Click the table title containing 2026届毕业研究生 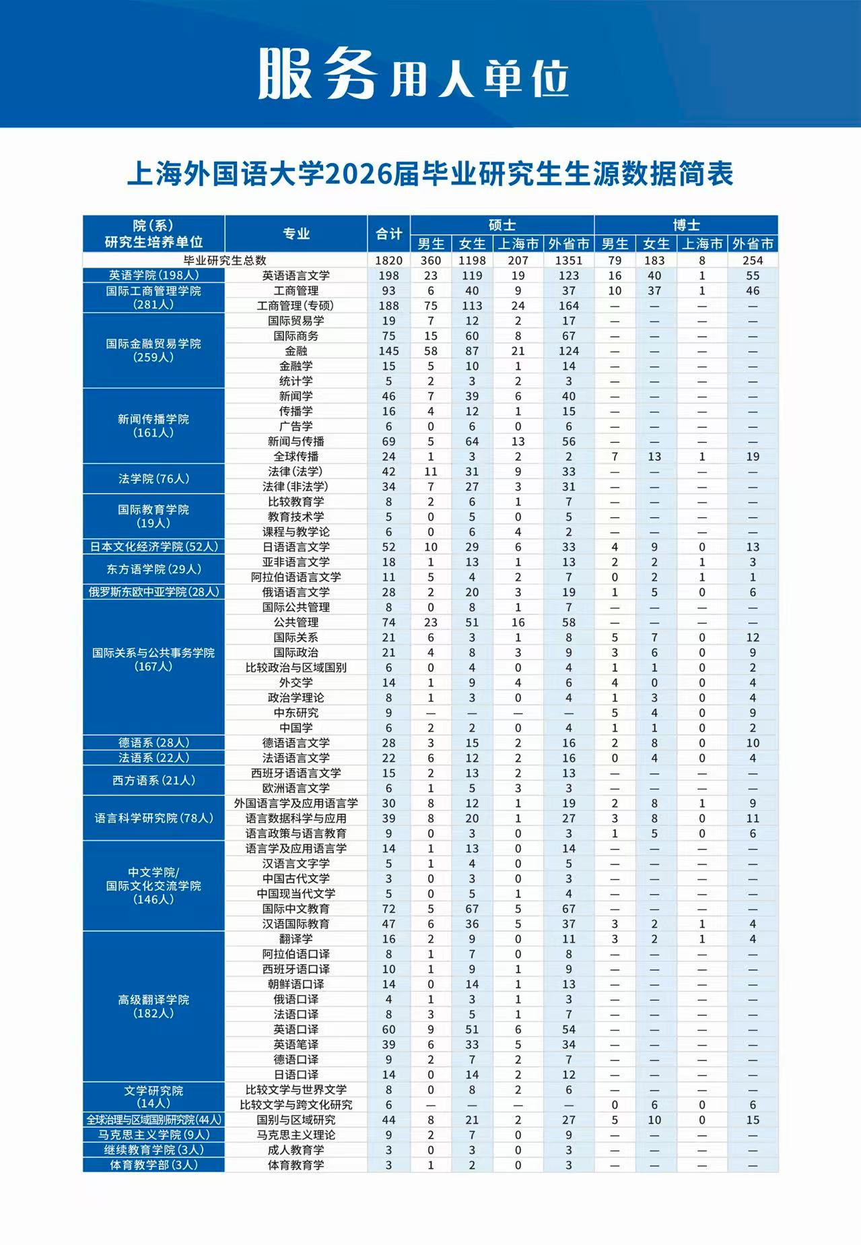point(429,174)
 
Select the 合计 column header point(388,234)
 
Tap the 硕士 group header point(502,225)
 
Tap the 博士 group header point(686,225)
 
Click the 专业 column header point(296,234)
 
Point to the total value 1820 point(388,260)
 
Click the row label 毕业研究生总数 point(225,260)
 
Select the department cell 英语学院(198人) point(153,275)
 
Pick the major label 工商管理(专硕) point(296,305)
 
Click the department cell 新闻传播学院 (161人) point(153,425)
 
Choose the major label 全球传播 point(296,456)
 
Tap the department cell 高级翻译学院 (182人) point(153,1006)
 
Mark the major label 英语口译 point(296,1029)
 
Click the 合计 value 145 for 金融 point(388,350)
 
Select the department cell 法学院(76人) point(153,478)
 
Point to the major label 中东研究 point(296,712)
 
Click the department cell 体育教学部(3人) point(153,1164)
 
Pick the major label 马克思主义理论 point(296,1134)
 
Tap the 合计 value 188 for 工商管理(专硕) point(388,305)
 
